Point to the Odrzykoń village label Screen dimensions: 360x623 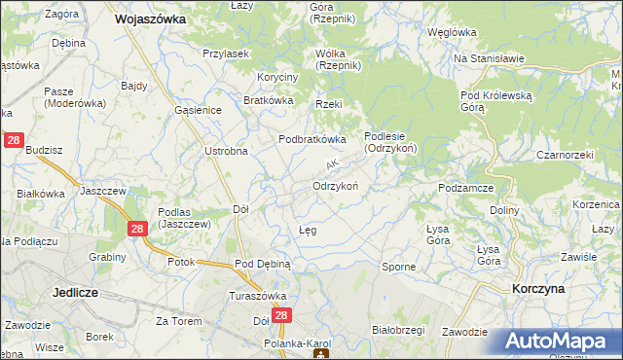pos(337,185)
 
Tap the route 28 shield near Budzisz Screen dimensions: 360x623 pos(14,141)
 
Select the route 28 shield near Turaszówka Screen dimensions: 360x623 pos(281,316)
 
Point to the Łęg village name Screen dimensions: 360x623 pos(306,230)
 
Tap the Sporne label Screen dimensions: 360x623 pos(399,266)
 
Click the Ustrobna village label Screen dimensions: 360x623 pos(226,151)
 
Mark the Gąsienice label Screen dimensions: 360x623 pos(199,110)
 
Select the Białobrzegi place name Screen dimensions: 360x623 pos(399,330)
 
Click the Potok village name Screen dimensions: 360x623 pos(181,262)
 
